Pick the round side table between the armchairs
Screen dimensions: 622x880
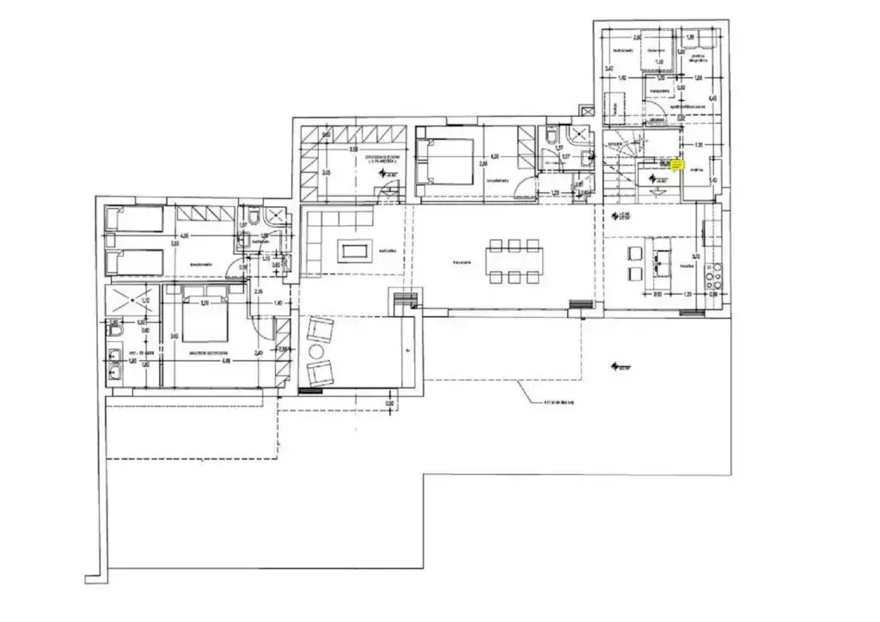click(x=316, y=351)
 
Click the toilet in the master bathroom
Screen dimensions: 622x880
click(x=115, y=332)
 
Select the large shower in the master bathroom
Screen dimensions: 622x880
click(x=128, y=299)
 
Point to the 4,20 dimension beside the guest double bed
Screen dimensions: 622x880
click(x=494, y=155)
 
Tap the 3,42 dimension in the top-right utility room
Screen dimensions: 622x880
click(x=609, y=69)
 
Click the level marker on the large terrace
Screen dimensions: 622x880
click(x=619, y=366)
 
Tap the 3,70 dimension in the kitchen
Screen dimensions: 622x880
click(x=696, y=257)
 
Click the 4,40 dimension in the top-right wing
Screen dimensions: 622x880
click(x=712, y=98)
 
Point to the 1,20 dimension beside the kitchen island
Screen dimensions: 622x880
click(x=686, y=294)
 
